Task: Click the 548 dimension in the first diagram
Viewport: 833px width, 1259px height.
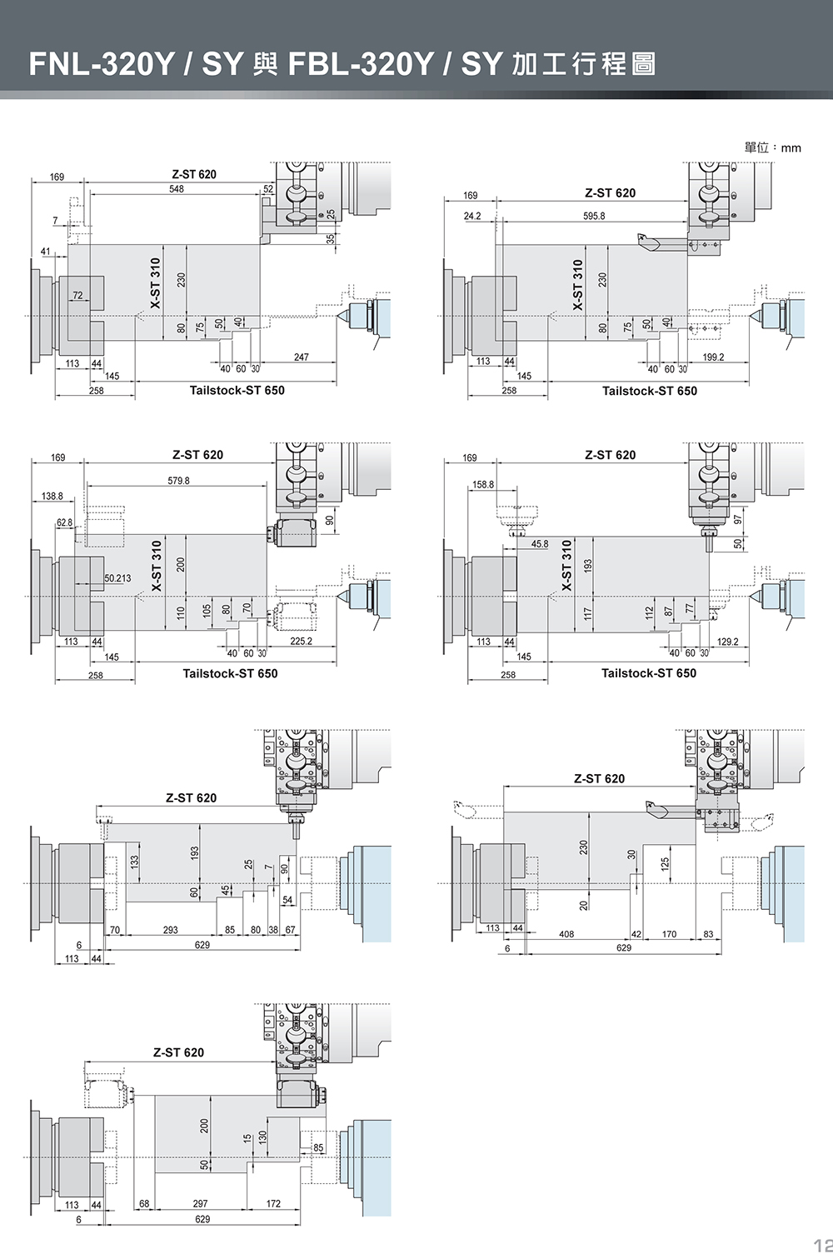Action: pyautogui.click(x=176, y=189)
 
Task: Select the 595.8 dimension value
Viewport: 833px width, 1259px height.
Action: pyautogui.click(x=594, y=216)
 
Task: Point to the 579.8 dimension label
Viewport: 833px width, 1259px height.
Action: pyautogui.click(x=178, y=481)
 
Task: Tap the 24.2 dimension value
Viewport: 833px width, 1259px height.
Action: pyautogui.click(x=472, y=216)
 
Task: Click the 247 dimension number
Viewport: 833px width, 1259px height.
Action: pyautogui.click(x=301, y=357)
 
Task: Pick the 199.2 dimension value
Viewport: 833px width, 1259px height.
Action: pyautogui.click(x=713, y=357)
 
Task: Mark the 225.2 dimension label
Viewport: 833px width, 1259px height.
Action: pyautogui.click(x=301, y=642)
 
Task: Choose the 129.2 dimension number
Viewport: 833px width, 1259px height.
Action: pyautogui.click(x=727, y=642)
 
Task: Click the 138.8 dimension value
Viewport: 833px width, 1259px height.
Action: pyautogui.click(x=52, y=496)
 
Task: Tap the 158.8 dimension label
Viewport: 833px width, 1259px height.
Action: pyautogui.click(x=483, y=484)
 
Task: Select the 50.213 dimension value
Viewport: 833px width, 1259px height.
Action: pyautogui.click(x=117, y=578)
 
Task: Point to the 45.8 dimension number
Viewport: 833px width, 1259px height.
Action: pyautogui.click(x=540, y=544)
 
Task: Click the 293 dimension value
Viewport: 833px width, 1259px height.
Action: pyautogui.click(x=170, y=930)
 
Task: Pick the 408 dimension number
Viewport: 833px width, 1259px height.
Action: pyautogui.click(x=566, y=934)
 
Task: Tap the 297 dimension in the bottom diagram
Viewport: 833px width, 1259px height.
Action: pyautogui.click(x=200, y=1204)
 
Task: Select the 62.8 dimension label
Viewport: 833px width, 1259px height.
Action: pyautogui.click(x=64, y=522)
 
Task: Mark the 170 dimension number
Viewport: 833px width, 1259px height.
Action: pyautogui.click(x=669, y=934)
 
